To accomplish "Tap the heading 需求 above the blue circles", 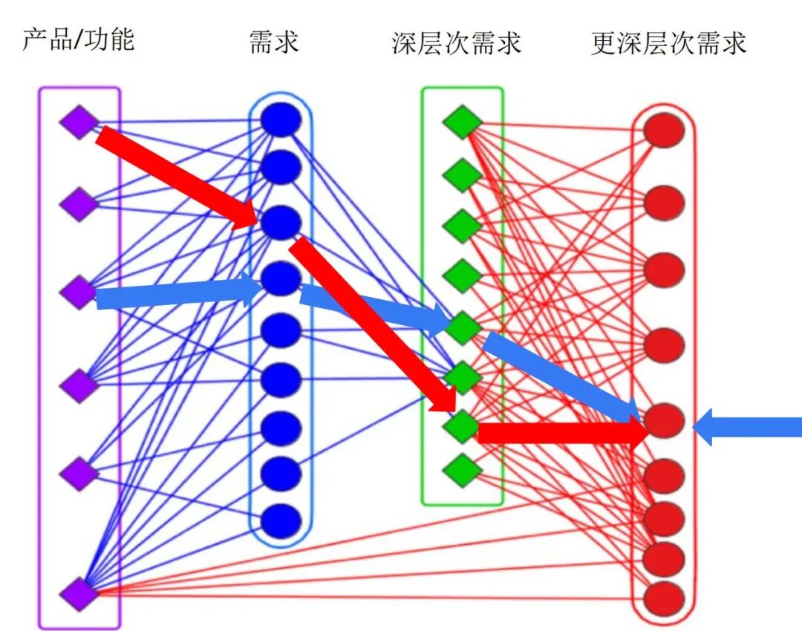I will [x=274, y=42].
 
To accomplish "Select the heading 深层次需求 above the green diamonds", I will [x=456, y=43].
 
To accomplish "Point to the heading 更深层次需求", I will [x=668, y=43].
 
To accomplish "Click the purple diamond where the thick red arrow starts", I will [x=79, y=122].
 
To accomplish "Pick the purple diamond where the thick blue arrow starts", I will [x=79, y=292].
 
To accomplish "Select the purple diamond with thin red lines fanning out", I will [x=79, y=592].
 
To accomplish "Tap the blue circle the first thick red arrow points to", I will [x=281, y=222].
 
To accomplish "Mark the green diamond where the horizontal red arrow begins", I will [x=462, y=426].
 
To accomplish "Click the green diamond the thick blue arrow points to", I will [x=462, y=327].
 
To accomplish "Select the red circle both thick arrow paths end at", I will [x=664, y=421].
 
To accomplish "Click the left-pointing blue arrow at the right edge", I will [x=746, y=428].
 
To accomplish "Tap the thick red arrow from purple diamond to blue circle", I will [x=178, y=176].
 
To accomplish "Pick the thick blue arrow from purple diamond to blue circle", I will [x=178, y=293].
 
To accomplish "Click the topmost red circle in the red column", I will [x=664, y=131].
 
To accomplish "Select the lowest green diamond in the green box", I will [x=462, y=469].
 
